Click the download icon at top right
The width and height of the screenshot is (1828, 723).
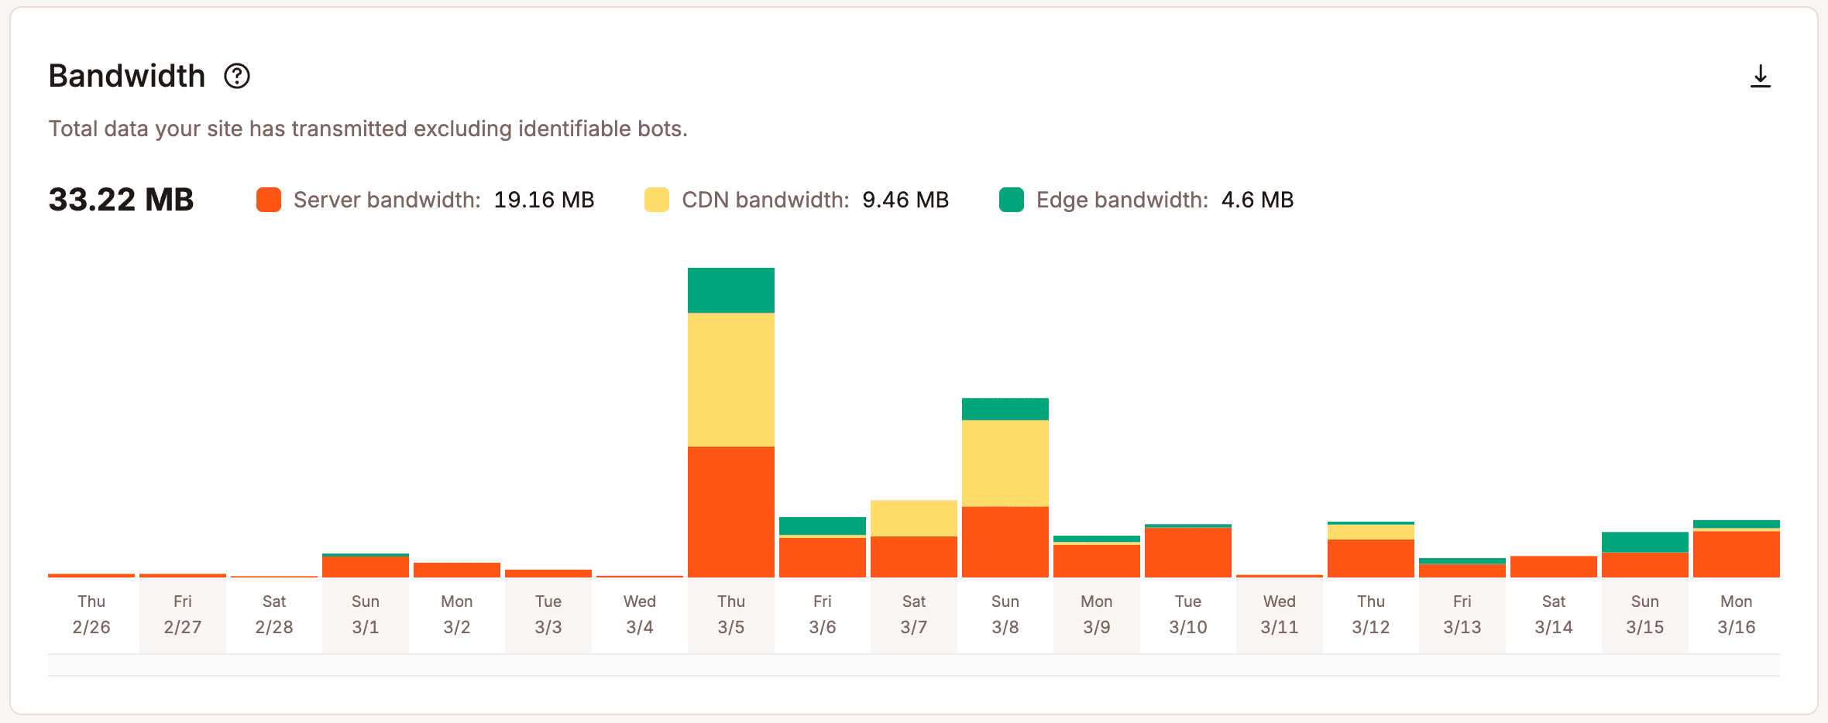point(1760,76)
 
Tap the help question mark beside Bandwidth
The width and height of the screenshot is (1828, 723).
point(237,76)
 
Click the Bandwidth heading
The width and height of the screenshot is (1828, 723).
point(127,76)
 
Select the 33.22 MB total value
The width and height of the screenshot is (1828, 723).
point(121,200)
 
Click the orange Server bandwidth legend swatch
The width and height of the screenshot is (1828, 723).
point(269,200)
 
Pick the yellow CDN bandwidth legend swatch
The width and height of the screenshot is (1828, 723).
point(657,200)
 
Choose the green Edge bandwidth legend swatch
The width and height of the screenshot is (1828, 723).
point(1012,200)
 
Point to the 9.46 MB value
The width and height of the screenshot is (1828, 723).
point(905,200)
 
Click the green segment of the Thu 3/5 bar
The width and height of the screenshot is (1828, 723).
point(730,290)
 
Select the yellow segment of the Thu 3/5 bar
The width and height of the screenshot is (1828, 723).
point(730,379)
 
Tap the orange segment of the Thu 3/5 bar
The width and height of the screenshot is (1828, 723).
point(730,511)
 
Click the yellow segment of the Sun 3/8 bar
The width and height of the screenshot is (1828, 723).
point(1005,463)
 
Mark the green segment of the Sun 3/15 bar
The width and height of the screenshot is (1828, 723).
point(1644,542)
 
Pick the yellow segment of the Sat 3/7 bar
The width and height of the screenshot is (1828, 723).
point(913,518)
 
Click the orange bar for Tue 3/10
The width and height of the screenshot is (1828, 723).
point(1187,553)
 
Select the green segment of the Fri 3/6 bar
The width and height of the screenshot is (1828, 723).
point(822,526)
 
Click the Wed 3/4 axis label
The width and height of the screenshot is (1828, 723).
point(639,614)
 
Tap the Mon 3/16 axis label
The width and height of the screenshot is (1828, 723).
point(1736,614)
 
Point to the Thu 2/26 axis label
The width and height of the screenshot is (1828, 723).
point(91,614)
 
